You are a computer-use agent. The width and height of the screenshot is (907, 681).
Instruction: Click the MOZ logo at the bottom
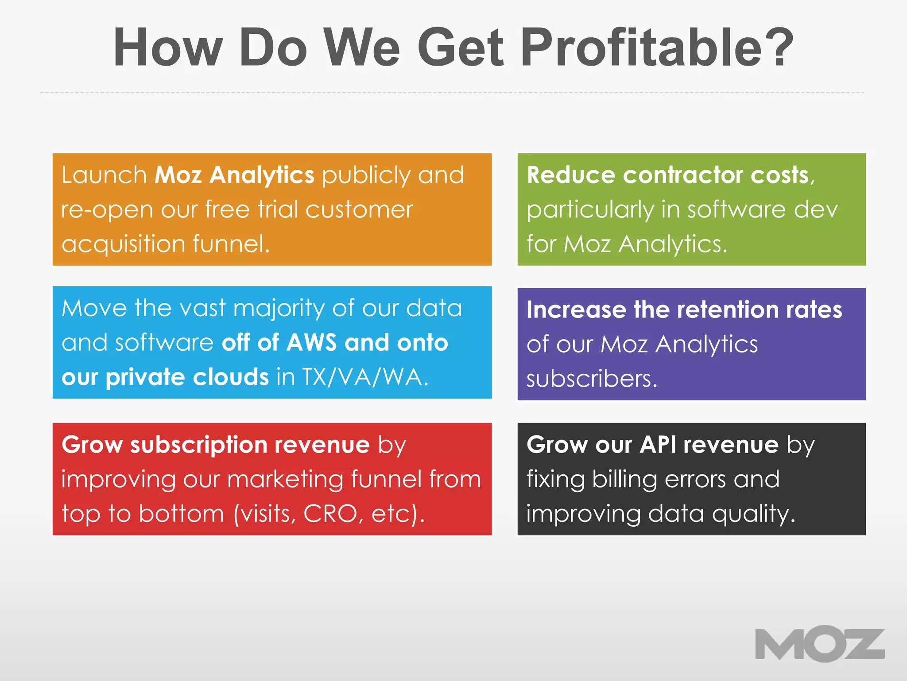(x=820, y=644)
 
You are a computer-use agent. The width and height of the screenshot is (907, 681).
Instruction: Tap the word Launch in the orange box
(x=104, y=175)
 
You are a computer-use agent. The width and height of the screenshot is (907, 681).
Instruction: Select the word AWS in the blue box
(x=311, y=342)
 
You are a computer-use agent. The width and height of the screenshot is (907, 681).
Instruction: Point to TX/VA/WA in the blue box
(x=365, y=377)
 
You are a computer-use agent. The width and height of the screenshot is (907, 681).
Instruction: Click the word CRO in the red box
(x=330, y=514)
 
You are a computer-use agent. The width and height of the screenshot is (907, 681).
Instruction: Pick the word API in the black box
(x=658, y=445)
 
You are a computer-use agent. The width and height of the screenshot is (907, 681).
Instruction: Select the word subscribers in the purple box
(x=592, y=379)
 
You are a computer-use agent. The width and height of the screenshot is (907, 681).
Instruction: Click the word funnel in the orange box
(x=231, y=244)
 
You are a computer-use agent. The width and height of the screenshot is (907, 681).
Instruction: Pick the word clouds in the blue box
(x=230, y=377)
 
